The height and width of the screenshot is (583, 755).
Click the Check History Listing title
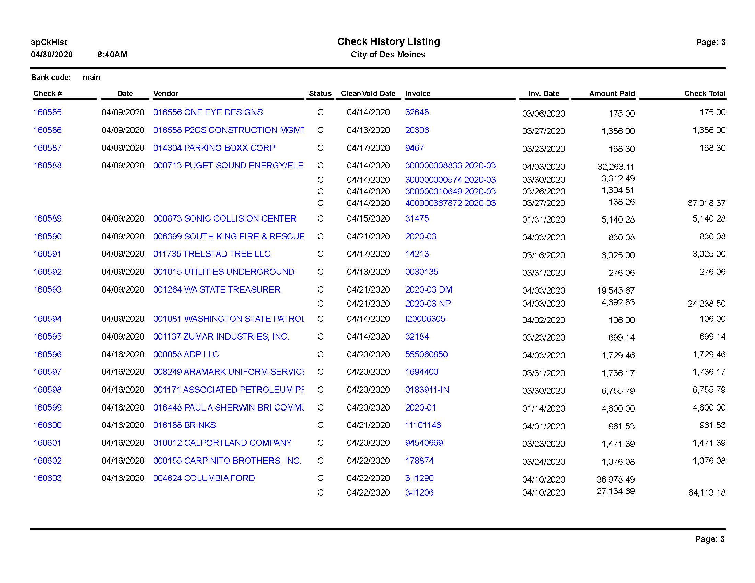(388, 42)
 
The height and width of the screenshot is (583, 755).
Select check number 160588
(47, 165)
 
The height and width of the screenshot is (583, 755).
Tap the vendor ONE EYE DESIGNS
(208, 112)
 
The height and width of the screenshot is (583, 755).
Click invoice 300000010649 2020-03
(450, 191)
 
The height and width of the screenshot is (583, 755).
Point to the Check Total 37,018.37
(706, 203)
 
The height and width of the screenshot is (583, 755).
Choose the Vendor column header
(166, 93)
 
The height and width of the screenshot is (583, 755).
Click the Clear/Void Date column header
(368, 93)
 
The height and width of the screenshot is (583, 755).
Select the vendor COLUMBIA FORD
(204, 478)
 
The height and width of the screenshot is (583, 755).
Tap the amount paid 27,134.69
(615, 491)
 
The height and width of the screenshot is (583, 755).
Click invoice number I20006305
(425, 319)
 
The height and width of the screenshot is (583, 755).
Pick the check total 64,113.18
(707, 492)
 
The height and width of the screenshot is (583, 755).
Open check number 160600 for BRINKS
(47, 425)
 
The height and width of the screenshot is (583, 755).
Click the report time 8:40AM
(112, 55)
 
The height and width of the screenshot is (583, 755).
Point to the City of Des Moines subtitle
(388, 55)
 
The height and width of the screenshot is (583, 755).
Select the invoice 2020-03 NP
(428, 304)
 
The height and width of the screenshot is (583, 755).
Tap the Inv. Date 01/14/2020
(544, 408)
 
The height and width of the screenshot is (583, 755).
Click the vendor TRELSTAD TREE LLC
(211, 254)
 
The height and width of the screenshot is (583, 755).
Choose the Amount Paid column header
(612, 93)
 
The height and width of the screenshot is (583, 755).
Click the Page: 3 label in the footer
(710, 539)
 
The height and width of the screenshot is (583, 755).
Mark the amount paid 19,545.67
(615, 290)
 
